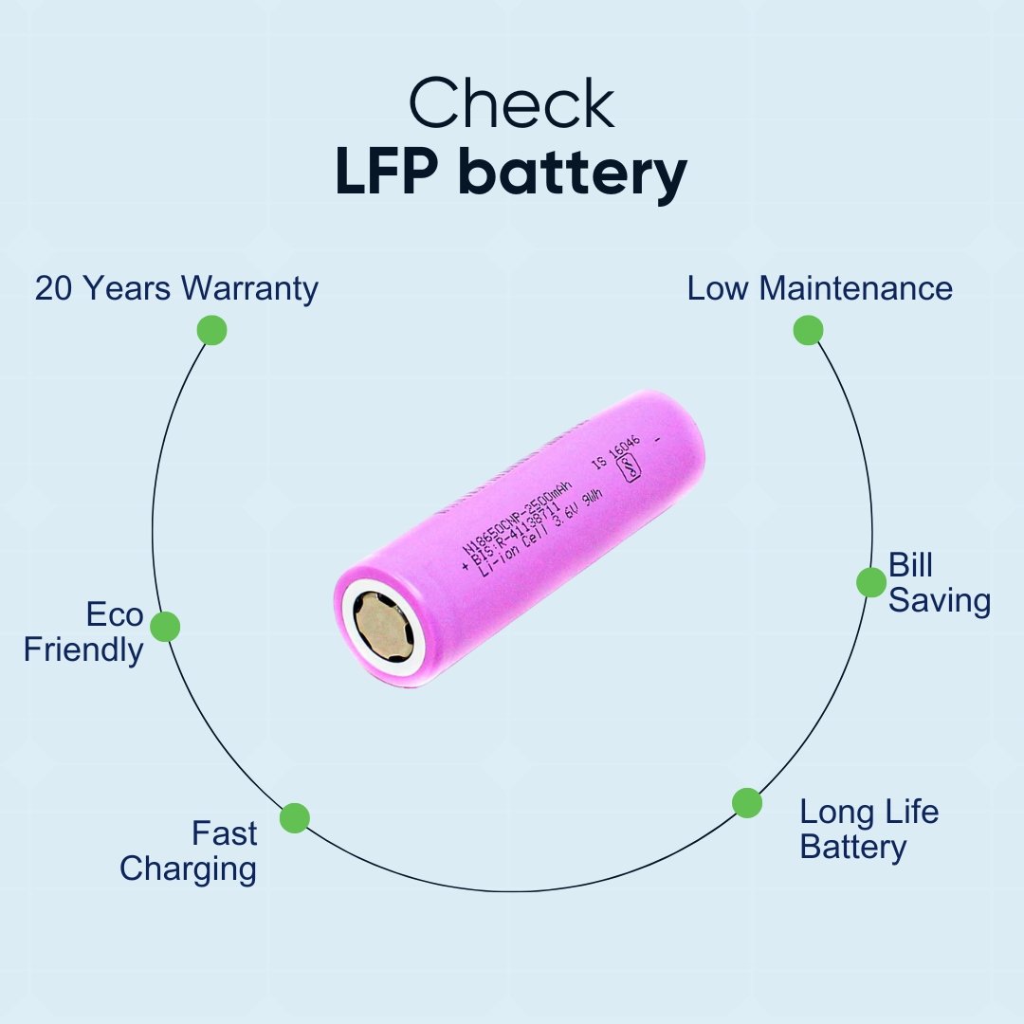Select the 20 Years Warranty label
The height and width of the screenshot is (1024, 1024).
pyautogui.click(x=176, y=288)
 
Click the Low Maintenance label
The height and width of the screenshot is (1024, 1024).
pyautogui.click(x=819, y=288)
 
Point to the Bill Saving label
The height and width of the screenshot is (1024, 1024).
pyautogui.click(x=939, y=583)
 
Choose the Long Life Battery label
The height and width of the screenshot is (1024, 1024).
pyautogui.click(x=868, y=829)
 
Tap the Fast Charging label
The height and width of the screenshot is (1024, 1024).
pyautogui.click(x=190, y=850)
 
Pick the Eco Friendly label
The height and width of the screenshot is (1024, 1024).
pyautogui.click(x=85, y=632)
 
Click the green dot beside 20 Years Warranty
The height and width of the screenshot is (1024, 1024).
pyautogui.click(x=211, y=330)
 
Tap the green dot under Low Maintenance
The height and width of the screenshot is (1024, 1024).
pyautogui.click(x=808, y=330)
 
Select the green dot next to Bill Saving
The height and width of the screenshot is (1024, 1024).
pyautogui.click(x=870, y=582)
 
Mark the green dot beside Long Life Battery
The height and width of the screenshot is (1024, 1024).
pyautogui.click(x=747, y=803)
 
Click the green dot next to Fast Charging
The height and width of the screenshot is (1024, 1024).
pyautogui.click(x=295, y=817)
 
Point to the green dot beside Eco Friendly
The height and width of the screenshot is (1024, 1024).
pyautogui.click(x=165, y=626)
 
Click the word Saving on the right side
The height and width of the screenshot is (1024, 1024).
pyautogui.click(x=940, y=601)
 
